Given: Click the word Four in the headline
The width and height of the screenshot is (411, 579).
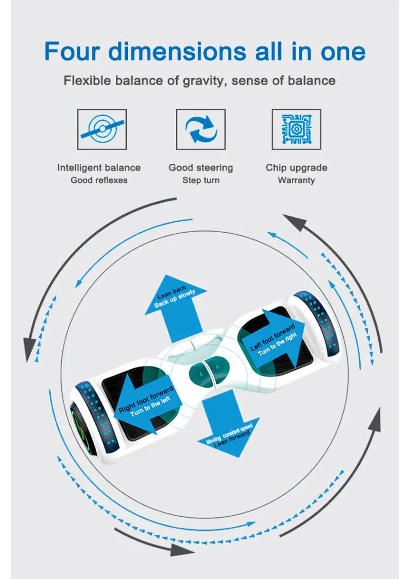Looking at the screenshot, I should (x=71, y=51).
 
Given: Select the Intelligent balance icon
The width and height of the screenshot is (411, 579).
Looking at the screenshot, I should (x=102, y=129).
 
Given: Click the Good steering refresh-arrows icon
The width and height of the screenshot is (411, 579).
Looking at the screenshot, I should (x=201, y=129).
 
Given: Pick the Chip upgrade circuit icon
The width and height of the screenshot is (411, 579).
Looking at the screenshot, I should (x=296, y=129).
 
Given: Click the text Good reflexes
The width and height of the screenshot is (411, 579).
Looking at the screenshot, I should (x=99, y=180).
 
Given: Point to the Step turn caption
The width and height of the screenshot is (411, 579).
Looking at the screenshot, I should (x=201, y=180).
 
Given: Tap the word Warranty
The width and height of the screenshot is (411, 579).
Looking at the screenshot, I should (x=296, y=180).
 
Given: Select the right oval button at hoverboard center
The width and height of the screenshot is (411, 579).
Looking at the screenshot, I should (x=216, y=367).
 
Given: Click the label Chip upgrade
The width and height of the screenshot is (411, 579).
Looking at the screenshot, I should (x=296, y=168).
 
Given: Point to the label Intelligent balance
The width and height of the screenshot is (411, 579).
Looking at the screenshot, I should (x=99, y=168).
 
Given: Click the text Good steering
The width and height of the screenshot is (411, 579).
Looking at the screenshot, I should (x=201, y=168).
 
